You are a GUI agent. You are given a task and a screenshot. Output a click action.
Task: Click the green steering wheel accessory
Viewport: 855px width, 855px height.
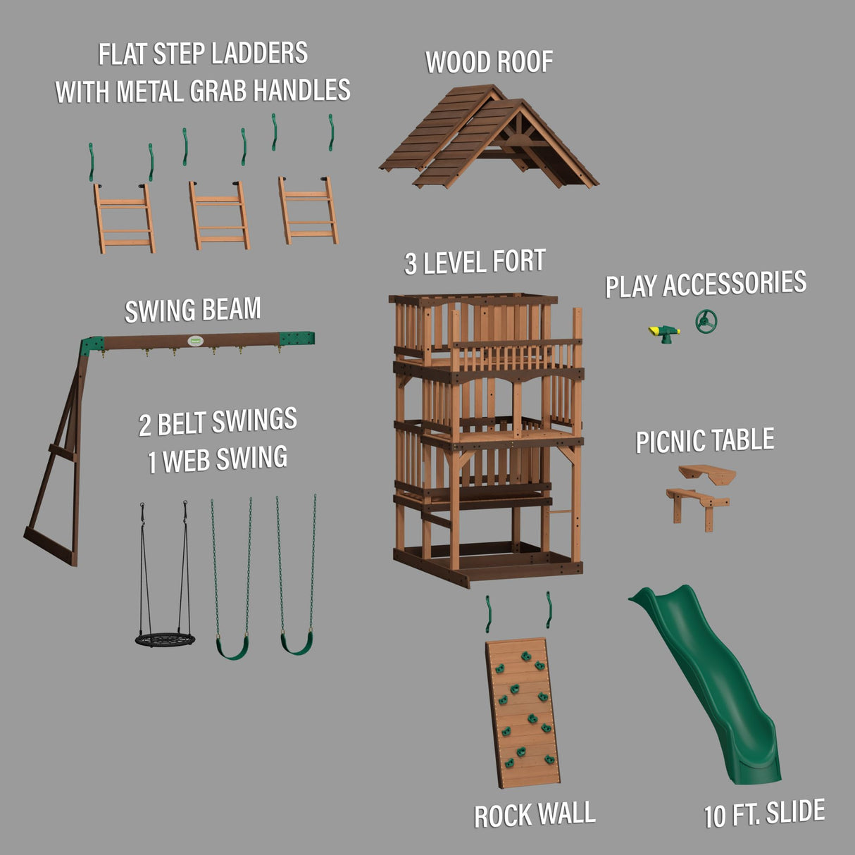[706, 322]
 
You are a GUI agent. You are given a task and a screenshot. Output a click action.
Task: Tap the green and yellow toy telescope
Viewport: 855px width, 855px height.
[663, 332]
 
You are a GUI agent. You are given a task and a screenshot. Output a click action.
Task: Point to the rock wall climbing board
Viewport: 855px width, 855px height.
[523, 713]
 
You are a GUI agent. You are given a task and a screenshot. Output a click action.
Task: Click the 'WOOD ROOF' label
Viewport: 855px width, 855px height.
[489, 62]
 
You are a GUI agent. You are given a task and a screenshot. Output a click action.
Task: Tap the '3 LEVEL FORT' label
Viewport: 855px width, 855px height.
[475, 263]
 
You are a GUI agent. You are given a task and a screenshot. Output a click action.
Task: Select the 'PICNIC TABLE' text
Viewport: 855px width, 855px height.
[704, 441]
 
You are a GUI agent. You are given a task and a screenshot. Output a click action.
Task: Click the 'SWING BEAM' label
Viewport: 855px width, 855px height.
[192, 311]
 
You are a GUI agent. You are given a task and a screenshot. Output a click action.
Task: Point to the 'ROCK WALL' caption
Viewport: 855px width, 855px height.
[534, 815]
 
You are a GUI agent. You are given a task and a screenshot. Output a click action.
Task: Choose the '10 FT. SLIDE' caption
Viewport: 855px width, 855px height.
[764, 814]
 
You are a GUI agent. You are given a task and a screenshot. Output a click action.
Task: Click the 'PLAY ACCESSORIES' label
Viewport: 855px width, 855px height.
[706, 284]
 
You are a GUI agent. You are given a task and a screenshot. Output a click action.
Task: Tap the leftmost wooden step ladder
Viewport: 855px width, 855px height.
[125, 218]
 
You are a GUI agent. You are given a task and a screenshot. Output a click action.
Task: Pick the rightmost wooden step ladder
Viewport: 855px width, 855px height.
[308, 211]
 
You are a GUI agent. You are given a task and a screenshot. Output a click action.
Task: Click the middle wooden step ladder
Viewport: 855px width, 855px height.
[219, 216]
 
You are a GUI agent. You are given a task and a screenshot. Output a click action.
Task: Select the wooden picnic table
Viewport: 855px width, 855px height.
[701, 492]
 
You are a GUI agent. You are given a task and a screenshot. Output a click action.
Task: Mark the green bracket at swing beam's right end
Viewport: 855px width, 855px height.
[296, 339]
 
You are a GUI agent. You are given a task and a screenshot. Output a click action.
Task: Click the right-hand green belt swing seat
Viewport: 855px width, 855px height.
[297, 642]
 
